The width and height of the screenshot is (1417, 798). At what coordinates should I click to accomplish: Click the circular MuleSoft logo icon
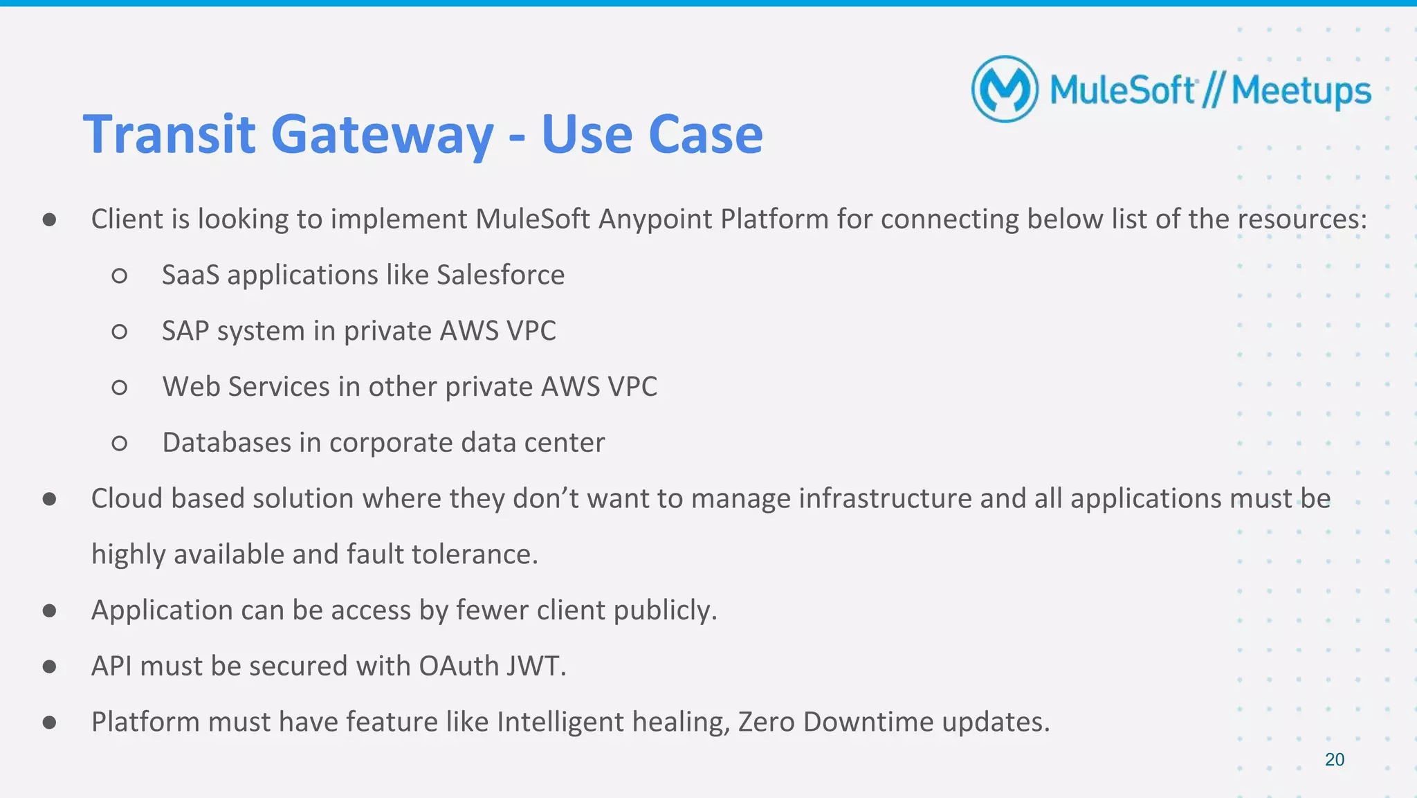tap(1005, 89)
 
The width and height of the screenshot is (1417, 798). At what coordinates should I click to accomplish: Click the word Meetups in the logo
tap(1301, 91)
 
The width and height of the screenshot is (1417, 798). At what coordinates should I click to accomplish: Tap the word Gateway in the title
tap(382, 134)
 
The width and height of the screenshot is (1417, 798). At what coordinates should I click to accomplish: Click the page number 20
tap(1334, 759)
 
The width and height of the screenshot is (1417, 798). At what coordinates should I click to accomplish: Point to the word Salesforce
tap(500, 275)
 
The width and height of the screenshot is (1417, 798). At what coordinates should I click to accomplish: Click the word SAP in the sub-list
tap(185, 331)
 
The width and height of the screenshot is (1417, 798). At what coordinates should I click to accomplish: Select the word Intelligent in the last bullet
tap(560, 722)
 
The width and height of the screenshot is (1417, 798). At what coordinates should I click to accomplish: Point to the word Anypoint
tap(655, 219)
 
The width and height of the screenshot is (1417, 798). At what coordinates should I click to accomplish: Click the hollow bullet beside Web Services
tap(119, 388)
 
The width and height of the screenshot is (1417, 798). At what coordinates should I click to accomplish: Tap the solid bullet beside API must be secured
tap(49, 666)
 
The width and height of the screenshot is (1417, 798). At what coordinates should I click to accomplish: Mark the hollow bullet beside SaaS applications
tap(119, 276)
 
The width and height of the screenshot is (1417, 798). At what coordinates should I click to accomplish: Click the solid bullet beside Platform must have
tap(49, 723)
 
